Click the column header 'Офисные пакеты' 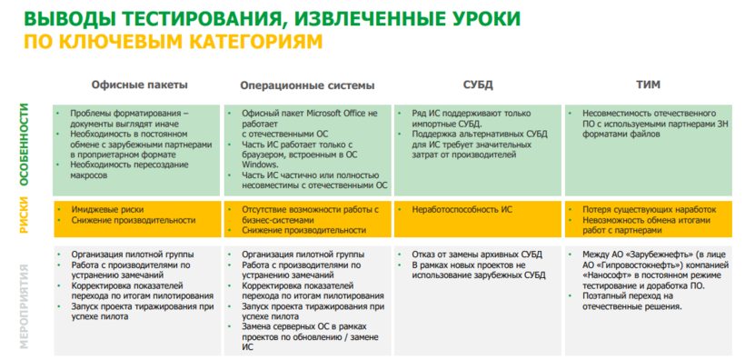point(139,85)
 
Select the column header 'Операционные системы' point(307,85)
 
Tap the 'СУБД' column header point(478,85)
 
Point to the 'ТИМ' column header point(649,85)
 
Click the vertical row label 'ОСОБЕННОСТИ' point(25,145)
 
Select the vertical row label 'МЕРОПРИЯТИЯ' point(25,301)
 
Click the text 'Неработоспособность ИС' point(462,209)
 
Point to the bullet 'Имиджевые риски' point(107,209)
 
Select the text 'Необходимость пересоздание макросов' point(129,170)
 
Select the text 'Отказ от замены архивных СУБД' point(477,255)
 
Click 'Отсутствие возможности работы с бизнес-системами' point(310,215)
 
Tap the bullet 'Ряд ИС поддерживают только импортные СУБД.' point(471,119)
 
